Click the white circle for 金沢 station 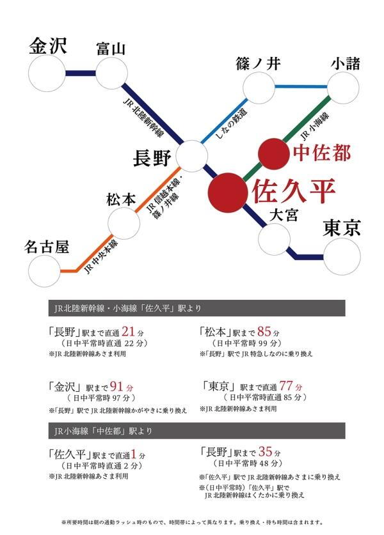click(x=47, y=74)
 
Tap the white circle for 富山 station click(x=112, y=74)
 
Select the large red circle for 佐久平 click(x=228, y=192)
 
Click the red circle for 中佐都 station click(x=274, y=154)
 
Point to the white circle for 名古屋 click(x=44, y=271)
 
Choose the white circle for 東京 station click(x=342, y=256)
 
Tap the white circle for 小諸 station click(x=343, y=88)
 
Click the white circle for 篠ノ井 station click(x=259, y=88)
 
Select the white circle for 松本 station click(x=124, y=223)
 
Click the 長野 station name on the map click(x=152, y=158)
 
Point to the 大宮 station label click(x=284, y=215)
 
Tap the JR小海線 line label click(x=314, y=126)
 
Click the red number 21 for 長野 click(x=128, y=331)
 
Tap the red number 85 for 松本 click(x=264, y=331)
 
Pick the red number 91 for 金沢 click(x=116, y=386)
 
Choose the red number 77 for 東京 click(x=286, y=385)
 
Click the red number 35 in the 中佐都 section click(x=266, y=452)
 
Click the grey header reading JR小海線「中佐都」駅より click(x=196, y=431)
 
